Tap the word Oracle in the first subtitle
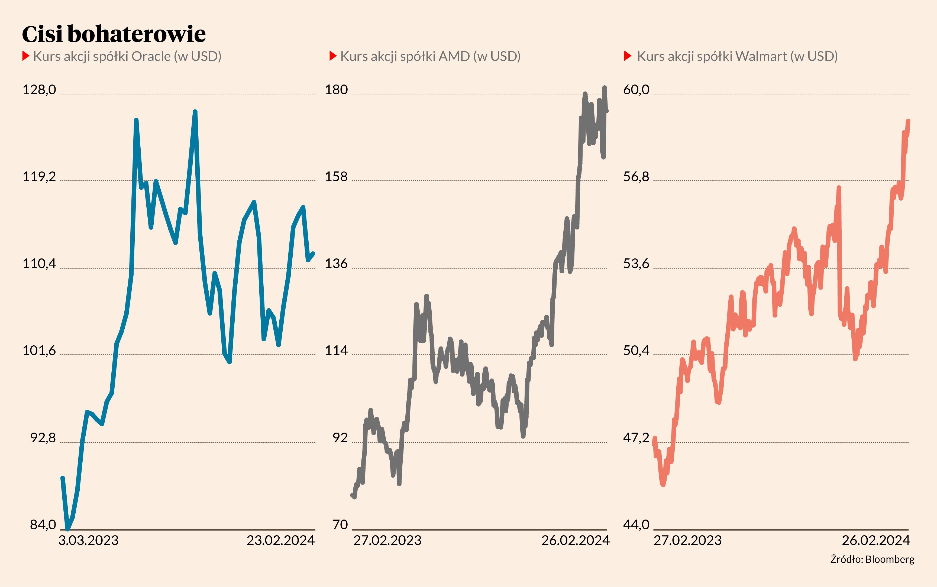(x=151, y=56)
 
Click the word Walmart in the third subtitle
(x=761, y=56)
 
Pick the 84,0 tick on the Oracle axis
(x=43, y=525)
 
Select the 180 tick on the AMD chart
(x=336, y=90)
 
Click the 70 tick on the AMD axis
(x=340, y=525)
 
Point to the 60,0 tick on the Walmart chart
(x=636, y=90)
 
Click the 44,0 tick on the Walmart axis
(x=636, y=525)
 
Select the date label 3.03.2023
(x=89, y=540)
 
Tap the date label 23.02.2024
(x=281, y=540)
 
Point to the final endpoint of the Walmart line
(x=908, y=121)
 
